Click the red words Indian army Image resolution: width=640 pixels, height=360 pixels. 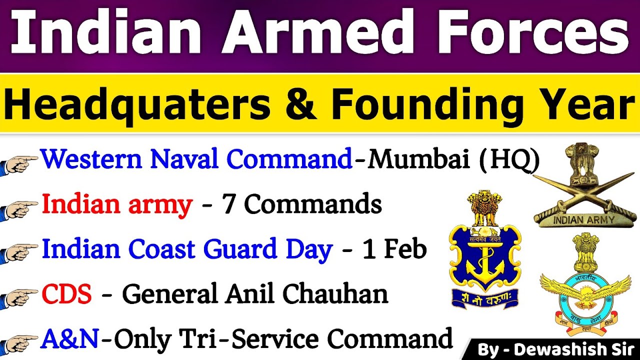[x=117, y=204]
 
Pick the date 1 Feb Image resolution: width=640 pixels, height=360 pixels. [x=394, y=249]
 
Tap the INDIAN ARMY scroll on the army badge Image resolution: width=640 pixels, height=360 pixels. [x=585, y=218]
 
